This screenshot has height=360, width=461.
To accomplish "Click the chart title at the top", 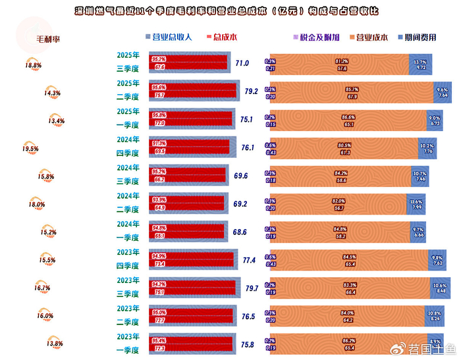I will click(227, 12).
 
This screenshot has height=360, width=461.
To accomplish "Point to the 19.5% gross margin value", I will click(30, 149).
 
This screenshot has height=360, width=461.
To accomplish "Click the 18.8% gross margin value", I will click(34, 66).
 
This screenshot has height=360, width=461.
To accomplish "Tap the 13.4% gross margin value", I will click(57, 121).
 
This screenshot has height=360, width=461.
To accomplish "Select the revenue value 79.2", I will click(250, 91).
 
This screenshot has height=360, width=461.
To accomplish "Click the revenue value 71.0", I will click(242, 64).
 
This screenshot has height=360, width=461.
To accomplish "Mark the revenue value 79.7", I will click(252, 289).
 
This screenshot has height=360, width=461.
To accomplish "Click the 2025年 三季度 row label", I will click(128, 63).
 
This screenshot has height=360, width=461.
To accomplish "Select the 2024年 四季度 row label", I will click(128, 147).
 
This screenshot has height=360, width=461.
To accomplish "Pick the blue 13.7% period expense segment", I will click(420, 64).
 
